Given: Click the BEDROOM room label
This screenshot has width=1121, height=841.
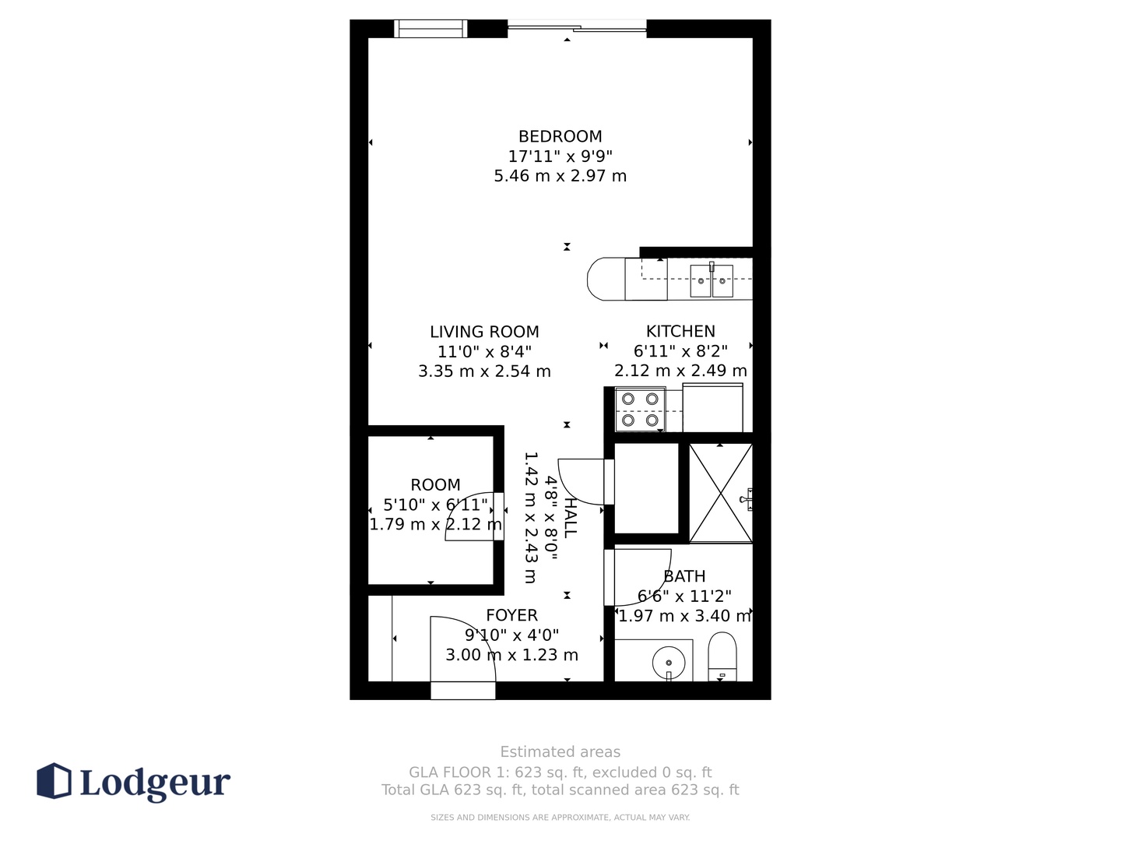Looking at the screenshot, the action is (x=560, y=136).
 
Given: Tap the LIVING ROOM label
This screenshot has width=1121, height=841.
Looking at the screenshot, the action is (x=484, y=332).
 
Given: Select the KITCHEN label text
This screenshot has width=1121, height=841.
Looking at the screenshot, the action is (x=680, y=332).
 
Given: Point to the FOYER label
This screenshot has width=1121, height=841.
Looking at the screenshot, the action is (x=511, y=615).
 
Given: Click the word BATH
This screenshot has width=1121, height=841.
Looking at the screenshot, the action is (x=684, y=576).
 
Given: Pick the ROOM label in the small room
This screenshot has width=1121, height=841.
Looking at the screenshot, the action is (x=435, y=484).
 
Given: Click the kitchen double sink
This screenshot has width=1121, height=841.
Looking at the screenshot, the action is (x=712, y=281).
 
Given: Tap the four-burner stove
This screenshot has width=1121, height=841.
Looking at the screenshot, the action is (x=640, y=410).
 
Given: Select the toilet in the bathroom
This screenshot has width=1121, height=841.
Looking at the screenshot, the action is (x=722, y=656).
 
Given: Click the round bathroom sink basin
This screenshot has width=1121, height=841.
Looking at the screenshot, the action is (x=669, y=663).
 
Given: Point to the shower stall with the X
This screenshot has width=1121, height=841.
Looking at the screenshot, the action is (x=721, y=493).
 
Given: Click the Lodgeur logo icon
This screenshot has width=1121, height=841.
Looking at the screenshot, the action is (x=54, y=781).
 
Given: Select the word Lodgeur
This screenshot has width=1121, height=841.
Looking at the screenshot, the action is (x=155, y=783).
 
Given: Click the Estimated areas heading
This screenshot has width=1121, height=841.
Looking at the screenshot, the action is (x=560, y=752).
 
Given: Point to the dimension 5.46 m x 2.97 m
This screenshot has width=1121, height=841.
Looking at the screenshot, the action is (x=560, y=176).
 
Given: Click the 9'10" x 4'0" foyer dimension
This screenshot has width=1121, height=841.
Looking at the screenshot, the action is (x=511, y=635).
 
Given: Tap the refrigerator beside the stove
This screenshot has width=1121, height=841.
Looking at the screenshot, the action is (x=712, y=407).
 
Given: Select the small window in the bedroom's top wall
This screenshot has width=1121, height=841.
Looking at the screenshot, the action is (x=430, y=29).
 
